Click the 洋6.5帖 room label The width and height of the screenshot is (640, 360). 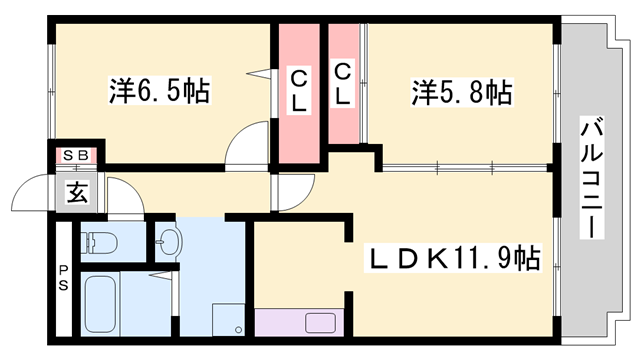(x=159, y=93)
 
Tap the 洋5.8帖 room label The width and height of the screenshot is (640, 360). (x=461, y=93)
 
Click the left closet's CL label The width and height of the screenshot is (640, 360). (x=299, y=88)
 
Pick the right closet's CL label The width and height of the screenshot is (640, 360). (x=343, y=83)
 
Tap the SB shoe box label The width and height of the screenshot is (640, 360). (x=77, y=155)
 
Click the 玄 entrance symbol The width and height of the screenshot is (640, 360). (x=77, y=193)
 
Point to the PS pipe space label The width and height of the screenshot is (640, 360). (x=63, y=276)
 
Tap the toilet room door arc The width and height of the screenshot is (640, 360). (x=125, y=200)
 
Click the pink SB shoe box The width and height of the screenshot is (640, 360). (x=77, y=155)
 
